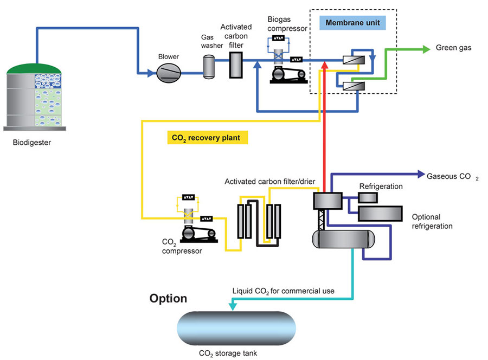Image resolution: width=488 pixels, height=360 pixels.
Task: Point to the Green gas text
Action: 454,48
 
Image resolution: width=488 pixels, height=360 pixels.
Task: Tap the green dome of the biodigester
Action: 35,67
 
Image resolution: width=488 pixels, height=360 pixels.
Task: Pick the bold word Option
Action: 169,298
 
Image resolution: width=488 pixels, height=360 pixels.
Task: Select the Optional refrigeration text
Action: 432,221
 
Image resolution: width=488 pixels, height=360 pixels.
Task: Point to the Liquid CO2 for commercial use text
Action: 283,291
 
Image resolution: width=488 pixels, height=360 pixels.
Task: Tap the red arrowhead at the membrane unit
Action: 324,65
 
